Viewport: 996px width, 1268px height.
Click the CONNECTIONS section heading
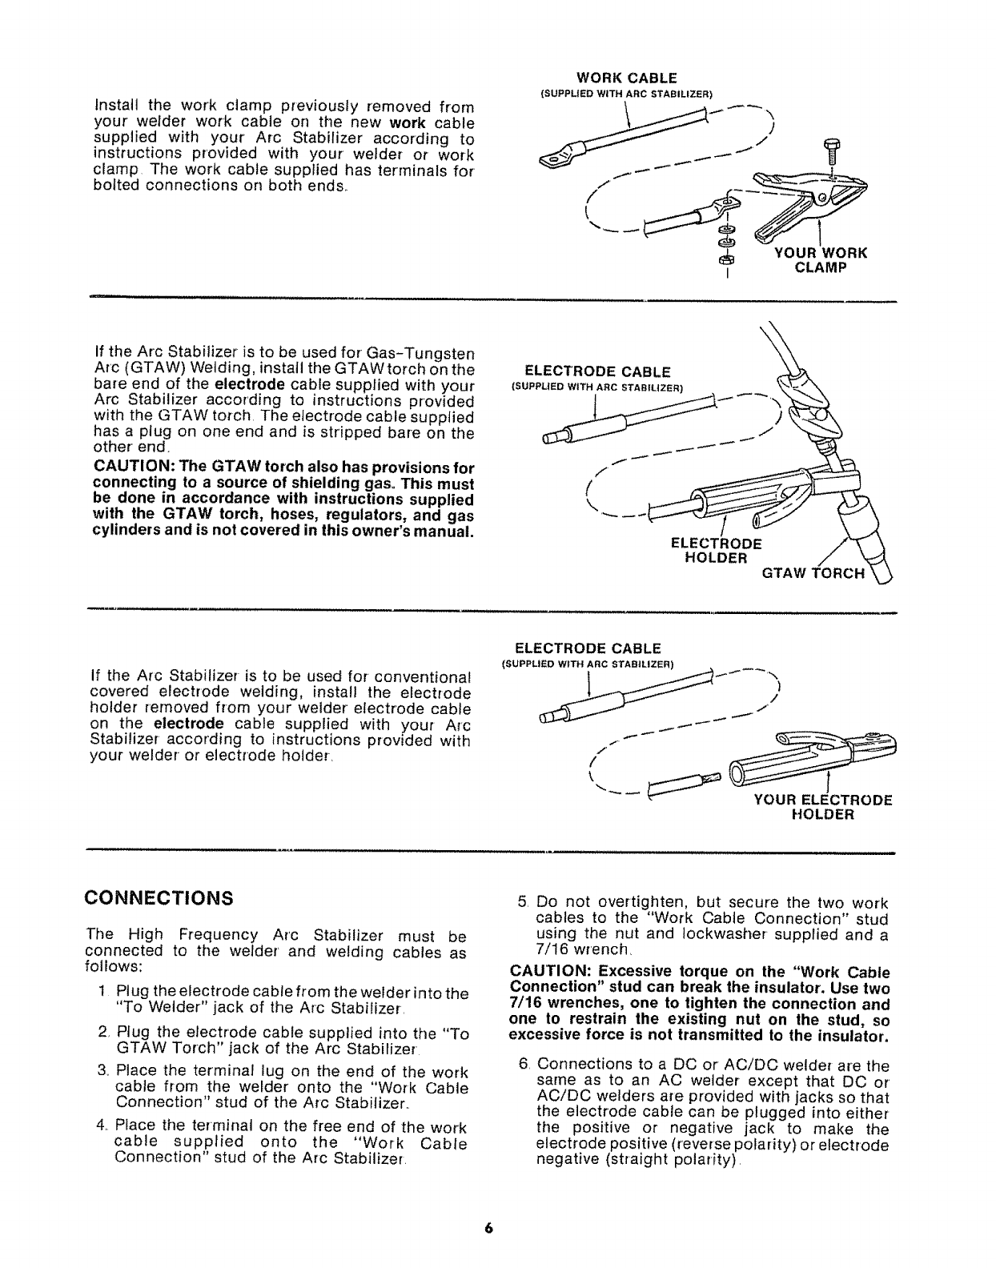tap(159, 896)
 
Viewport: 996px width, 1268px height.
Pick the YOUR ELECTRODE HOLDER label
tap(822, 807)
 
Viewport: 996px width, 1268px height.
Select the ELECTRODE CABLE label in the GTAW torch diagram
tap(596, 371)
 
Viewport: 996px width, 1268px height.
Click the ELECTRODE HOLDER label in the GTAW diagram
tap(715, 550)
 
